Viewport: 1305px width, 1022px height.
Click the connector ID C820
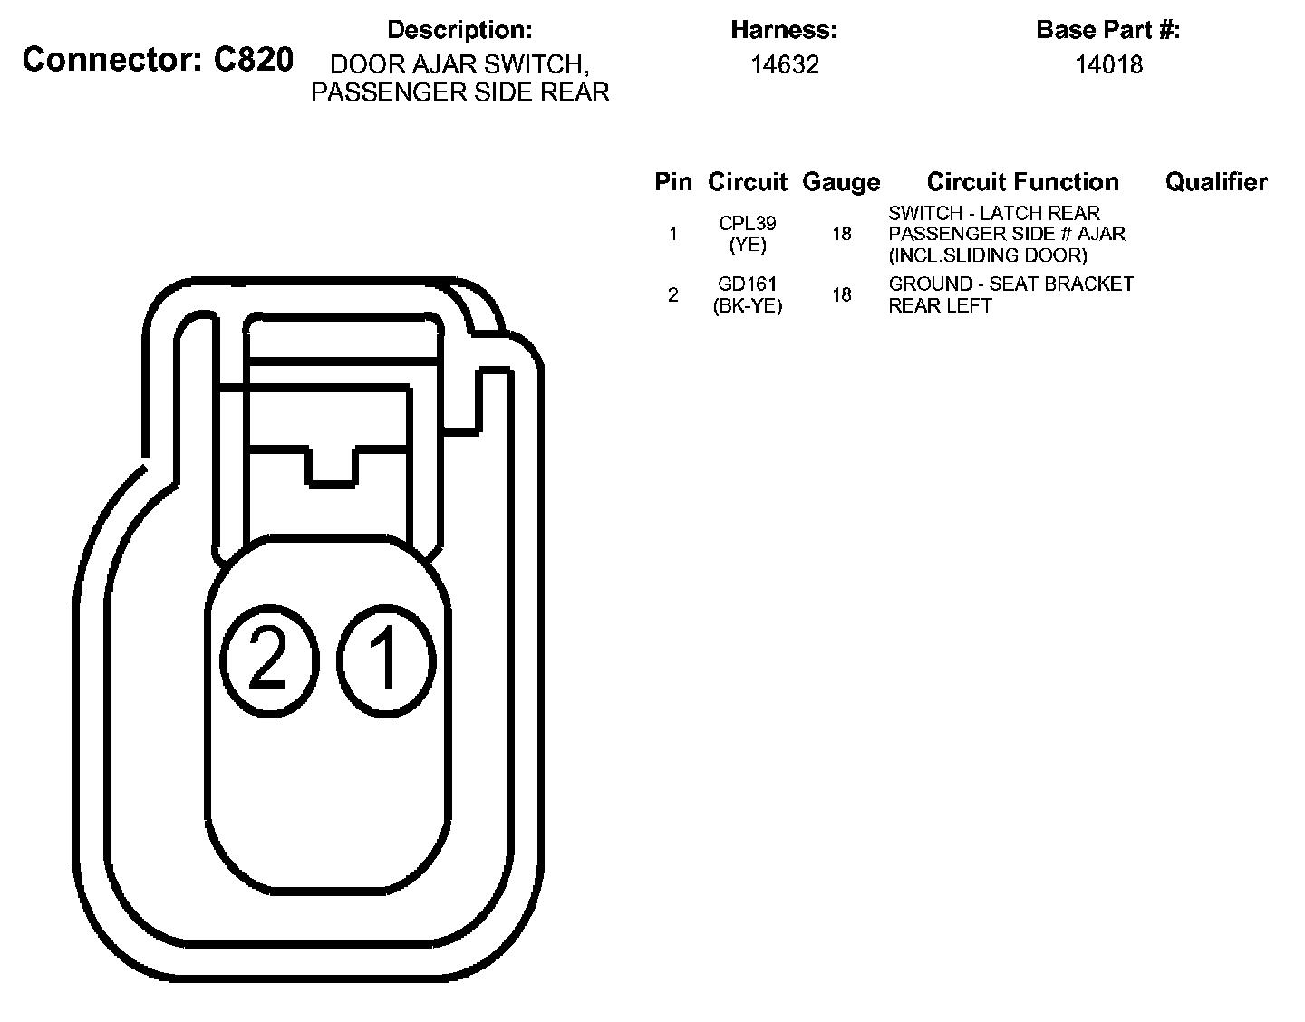tap(254, 60)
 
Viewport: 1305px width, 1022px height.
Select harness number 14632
tap(784, 64)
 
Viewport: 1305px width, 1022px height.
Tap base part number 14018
tap(1108, 64)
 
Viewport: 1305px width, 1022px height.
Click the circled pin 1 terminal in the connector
tap(385, 660)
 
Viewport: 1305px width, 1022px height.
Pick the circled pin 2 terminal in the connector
tap(270, 660)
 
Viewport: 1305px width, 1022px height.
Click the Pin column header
tap(673, 181)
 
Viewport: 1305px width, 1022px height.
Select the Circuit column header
tap(747, 181)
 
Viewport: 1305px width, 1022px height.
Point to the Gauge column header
tap(841, 182)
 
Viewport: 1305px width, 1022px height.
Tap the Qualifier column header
tap(1216, 181)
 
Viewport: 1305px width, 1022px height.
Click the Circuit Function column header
tap(1023, 181)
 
